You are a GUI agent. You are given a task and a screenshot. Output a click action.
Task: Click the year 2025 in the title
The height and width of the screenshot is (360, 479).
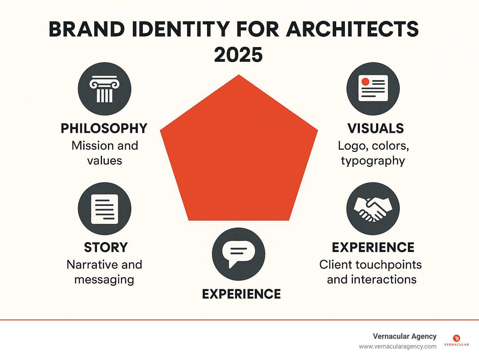pyautogui.click(x=238, y=55)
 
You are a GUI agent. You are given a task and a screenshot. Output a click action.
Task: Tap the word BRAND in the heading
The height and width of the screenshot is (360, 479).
pyautogui.click(x=87, y=30)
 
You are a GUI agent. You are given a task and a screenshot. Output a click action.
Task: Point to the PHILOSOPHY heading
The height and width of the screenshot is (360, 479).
pyautogui.click(x=104, y=129)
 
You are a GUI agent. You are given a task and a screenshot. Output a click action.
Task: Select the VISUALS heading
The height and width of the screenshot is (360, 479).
pyautogui.click(x=375, y=129)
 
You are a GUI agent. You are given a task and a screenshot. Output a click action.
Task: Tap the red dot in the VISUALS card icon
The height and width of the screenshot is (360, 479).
pyautogui.click(x=365, y=82)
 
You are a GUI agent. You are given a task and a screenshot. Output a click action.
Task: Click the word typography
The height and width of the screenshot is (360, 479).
pyautogui.click(x=373, y=161)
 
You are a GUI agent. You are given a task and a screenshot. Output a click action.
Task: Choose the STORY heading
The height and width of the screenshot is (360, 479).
pyautogui.click(x=106, y=247)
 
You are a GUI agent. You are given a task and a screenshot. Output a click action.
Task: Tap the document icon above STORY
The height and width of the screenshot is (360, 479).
pyautogui.click(x=104, y=209)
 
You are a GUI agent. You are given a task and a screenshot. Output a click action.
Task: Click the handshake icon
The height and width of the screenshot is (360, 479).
pyautogui.click(x=373, y=209)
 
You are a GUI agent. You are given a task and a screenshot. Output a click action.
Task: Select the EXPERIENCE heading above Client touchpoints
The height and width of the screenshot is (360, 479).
pyautogui.click(x=373, y=247)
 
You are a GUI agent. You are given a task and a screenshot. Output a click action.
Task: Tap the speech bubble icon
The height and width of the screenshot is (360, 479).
pyautogui.click(x=239, y=253)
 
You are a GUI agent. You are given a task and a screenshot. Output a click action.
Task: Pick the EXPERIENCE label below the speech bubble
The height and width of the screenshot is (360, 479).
pyautogui.click(x=241, y=294)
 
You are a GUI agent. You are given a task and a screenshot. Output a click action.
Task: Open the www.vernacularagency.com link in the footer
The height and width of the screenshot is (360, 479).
pyautogui.click(x=398, y=347)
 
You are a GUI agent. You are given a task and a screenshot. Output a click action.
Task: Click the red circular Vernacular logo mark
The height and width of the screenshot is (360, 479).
pyautogui.click(x=457, y=338)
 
